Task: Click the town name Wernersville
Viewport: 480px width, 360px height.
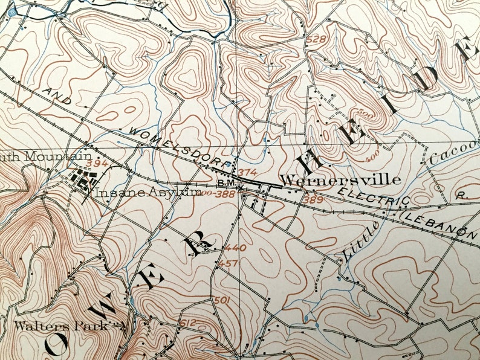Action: pos(341,180)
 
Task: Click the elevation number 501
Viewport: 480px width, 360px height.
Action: pos(222,300)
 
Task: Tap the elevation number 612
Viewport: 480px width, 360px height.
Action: pos(188,323)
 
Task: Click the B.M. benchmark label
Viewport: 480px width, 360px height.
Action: pos(225,183)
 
